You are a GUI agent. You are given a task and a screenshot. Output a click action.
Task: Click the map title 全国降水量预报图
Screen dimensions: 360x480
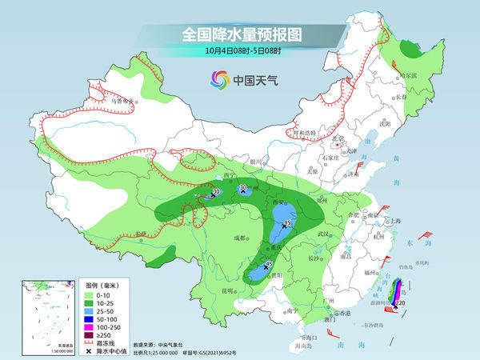pyautogui.click(x=240, y=34)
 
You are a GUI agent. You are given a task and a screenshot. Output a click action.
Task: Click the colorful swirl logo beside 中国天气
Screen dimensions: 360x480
pyautogui.click(x=218, y=78)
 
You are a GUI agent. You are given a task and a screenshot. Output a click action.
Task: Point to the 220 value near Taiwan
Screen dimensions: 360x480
pyautogui.click(x=400, y=304)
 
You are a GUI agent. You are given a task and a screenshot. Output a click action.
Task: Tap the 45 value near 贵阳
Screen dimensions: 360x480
pyautogui.click(x=270, y=264)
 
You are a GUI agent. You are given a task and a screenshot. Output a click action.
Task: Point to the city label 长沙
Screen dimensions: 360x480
pyautogui.click(x=314, y=258)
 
